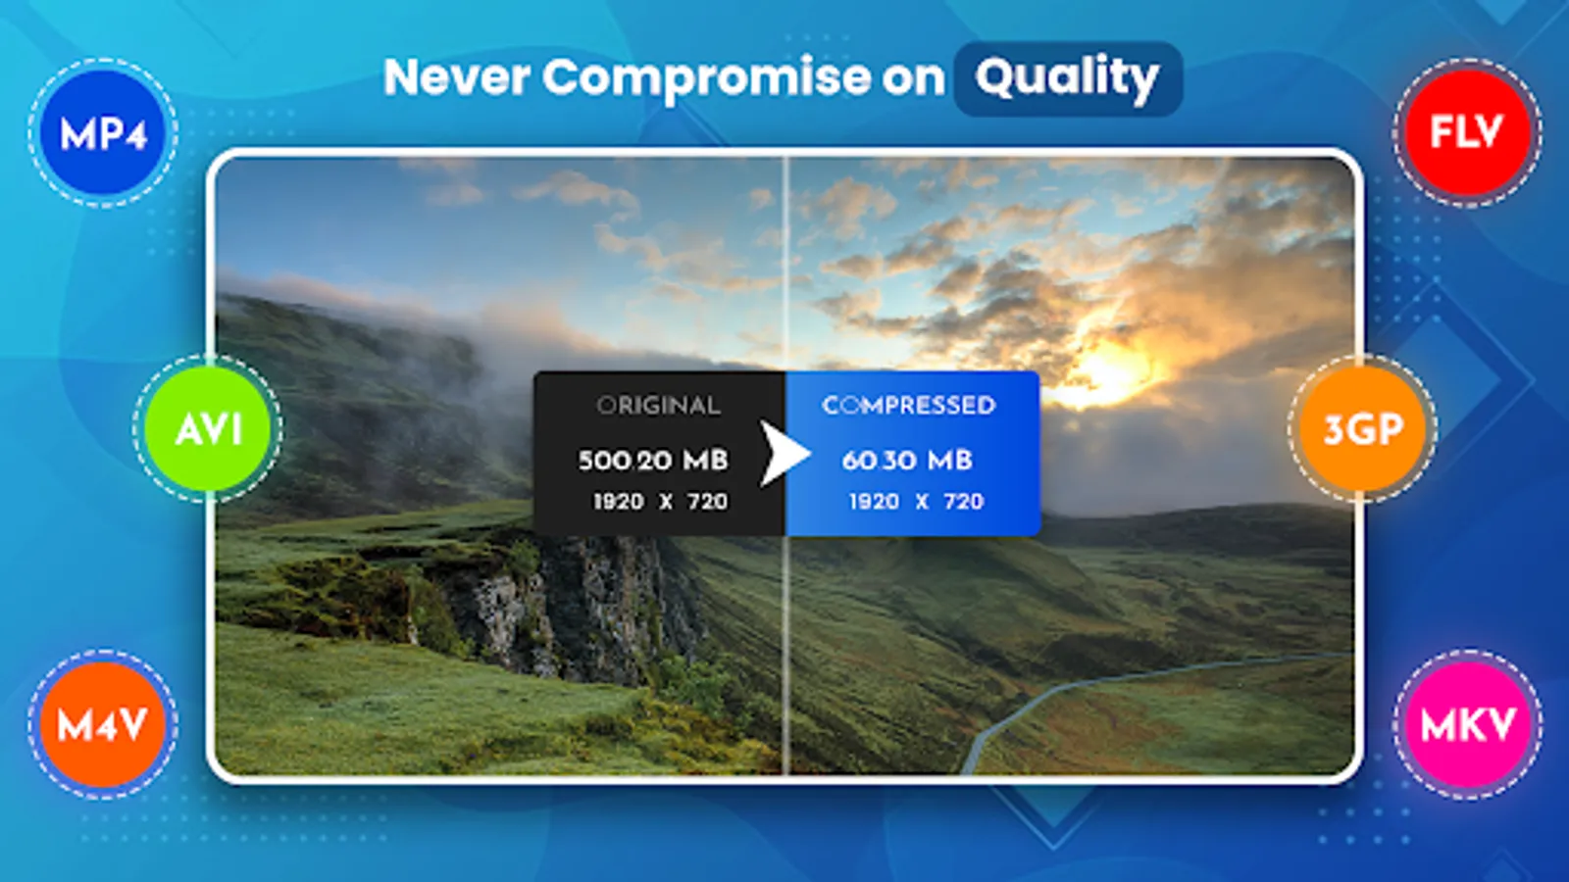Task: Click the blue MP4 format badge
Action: [103, 132]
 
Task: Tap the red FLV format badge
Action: [1467, 132]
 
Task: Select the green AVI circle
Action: [207, 428]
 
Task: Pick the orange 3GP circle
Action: [1362, 428]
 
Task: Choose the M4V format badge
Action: [103, 724]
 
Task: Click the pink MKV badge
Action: [1467, 724]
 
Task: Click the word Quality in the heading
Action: [1067, 78]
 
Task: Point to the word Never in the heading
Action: [456, 76]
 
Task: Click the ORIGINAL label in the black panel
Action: [658, 406]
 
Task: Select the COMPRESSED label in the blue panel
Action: [908, 406]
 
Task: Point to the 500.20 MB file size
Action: [653, 461]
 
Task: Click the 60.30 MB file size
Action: [907, 461]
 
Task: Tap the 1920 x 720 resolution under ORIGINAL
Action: [661, 501]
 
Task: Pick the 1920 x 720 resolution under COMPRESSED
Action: [916, 501]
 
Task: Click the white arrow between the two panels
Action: [784, 454]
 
